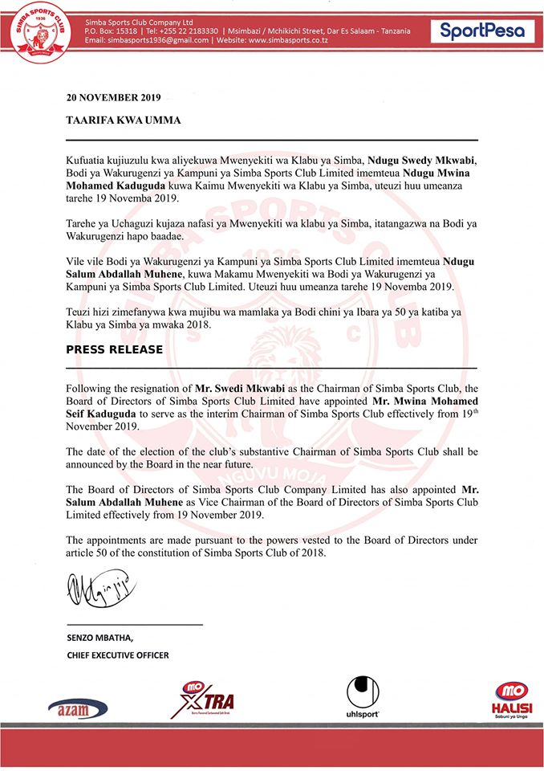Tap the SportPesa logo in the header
tap(481, 31)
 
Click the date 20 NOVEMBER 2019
tap(113, 98)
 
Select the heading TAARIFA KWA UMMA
tap(124, 120)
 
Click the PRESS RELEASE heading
tap(114, 349)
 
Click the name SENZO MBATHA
tap(100, 638)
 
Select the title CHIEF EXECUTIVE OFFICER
tap(118, 655)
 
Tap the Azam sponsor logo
tap(78, 708)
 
